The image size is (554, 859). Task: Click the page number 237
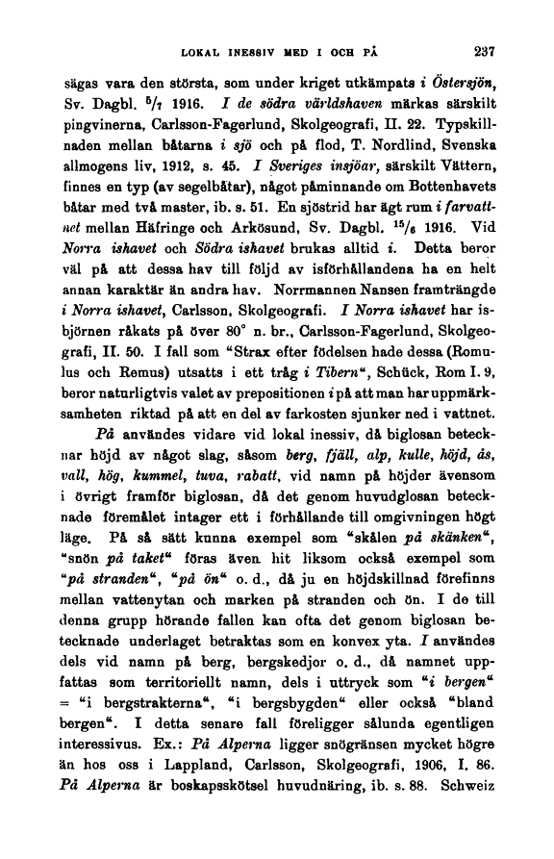pos(477,53)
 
